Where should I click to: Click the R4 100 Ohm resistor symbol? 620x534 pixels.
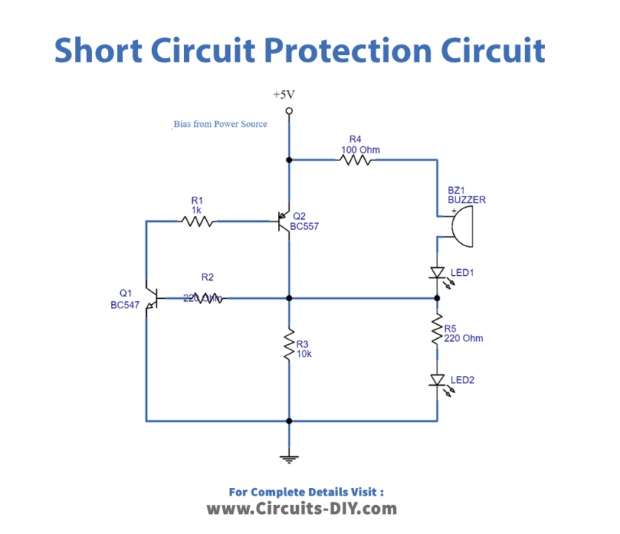(x=356, y=159)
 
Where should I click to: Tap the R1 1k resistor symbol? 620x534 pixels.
(x=197, y=220)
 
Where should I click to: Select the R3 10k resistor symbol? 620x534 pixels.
(x=289, y=346)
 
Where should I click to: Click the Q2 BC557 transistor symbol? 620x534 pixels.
(x=283, y=221)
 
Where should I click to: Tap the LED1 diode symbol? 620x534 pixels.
(x=437, y=274)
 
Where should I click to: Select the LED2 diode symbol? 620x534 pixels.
(x=437, y=380)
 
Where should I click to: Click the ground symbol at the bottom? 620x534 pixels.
(x=289, y=458)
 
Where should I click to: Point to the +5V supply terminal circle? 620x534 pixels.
(x=289, y=111)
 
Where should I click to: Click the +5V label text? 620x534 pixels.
(x=285, y=96)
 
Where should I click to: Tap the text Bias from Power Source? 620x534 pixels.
(x=220, y=124)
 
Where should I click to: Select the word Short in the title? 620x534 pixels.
(x=98, y=50)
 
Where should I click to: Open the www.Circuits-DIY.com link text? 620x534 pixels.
(x=301, y=509)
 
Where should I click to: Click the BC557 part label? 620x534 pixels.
(x=306, y=226)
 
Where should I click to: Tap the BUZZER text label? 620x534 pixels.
(x=466, y=200)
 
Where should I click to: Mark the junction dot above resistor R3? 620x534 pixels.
(x=289, y=298)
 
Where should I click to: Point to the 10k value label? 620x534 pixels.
(x=304, y=355)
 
